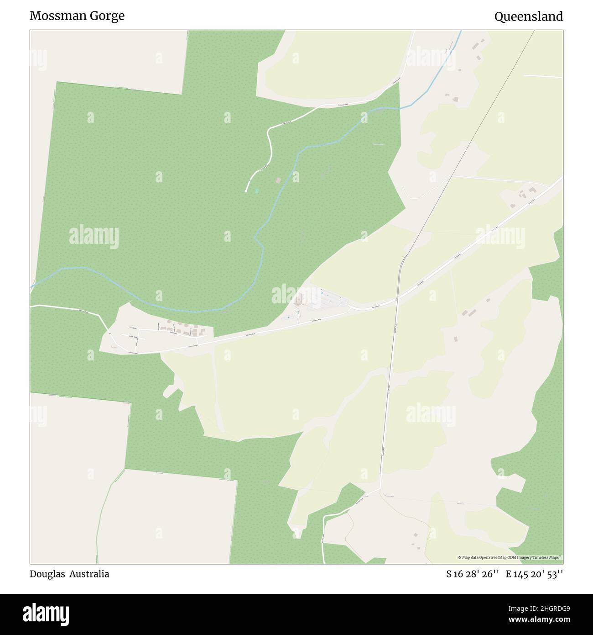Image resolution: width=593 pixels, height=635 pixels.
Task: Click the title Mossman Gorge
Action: pos(77,16)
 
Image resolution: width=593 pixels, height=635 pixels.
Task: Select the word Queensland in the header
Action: pos(528,16)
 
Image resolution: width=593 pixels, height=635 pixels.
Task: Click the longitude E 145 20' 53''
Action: pos(534,574)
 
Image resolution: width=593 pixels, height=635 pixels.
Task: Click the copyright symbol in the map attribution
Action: pos(460,557)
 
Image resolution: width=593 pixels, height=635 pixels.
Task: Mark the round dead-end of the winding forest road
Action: pos(246,191)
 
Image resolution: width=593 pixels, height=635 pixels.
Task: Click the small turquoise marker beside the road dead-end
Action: pos(256,190)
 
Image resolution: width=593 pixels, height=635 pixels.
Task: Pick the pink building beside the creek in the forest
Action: pos(278,180)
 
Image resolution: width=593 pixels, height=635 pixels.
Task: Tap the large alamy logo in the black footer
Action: pos(47,613)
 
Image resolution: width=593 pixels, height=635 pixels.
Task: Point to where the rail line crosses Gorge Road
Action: pos(398,299)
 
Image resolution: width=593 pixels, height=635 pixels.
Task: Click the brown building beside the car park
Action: pos(300,300)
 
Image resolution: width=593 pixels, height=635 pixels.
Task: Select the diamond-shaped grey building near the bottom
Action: pos(415,534)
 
